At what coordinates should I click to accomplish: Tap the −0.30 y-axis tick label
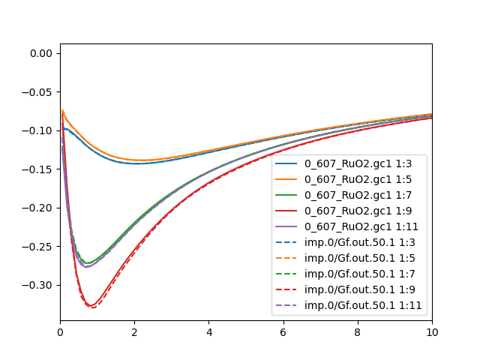point(38,286)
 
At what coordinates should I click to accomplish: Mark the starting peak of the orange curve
point(63,110)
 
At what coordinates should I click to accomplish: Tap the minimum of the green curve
point(87,263)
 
